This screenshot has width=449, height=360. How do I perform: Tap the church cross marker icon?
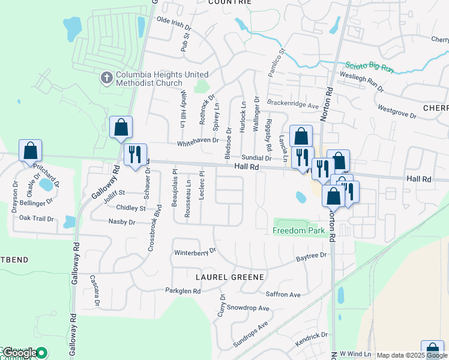click(106, 77)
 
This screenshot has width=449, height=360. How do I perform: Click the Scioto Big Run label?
click(369, 67)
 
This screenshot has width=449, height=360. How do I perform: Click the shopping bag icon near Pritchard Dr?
click(30, 151)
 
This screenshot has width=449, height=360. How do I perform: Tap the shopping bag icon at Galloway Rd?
click(121, 127)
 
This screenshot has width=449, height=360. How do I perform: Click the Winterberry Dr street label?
click(194, 251)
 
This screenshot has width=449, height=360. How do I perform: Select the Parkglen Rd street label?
click(183, 290)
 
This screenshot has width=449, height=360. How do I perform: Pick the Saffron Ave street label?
click(283, 295)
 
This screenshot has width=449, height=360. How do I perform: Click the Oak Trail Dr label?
click(37, 218)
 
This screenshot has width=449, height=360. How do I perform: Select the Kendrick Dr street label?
click(312, 338)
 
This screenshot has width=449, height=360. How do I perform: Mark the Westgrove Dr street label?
click(396, 111)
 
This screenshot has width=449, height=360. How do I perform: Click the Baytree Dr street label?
click(311, 256)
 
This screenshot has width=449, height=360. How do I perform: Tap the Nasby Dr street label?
click(122, 221)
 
